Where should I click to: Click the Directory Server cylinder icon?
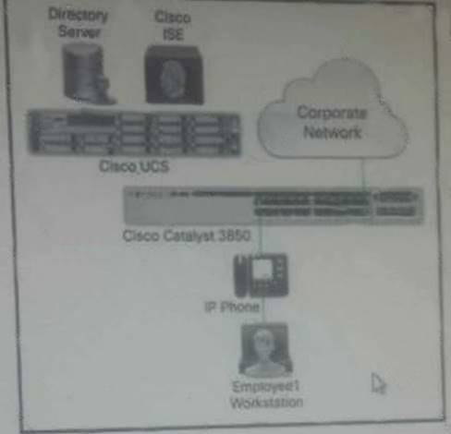(x=87, y=73)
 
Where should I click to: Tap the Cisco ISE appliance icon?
(x=174, y=75)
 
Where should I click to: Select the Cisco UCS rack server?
(x=135, y=132)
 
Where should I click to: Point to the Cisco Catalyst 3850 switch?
(x=273, y=206)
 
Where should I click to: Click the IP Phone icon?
(x=262, y=275)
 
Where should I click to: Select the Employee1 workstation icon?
(x=265, y=350)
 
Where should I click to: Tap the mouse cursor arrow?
(x=378, y=383)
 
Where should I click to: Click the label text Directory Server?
(x=79, y=23)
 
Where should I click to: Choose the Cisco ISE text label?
(x=173, y=26)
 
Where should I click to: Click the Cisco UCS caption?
(x=134, y=166)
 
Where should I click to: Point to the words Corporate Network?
(x=332, y=122)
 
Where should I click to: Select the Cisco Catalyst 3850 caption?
(x=187, y=236)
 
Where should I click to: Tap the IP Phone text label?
(x=232, y=307)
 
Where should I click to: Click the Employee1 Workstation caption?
(x=266, y=394)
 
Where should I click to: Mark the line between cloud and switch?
(x=363, y=174)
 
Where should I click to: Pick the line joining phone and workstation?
(x=263, y=310)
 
